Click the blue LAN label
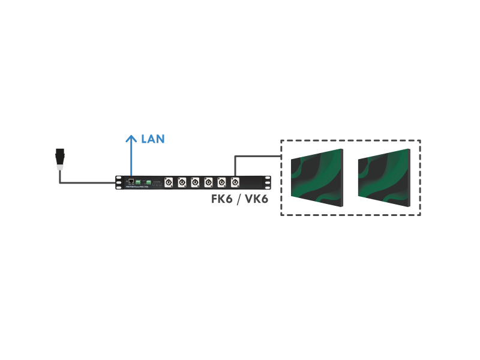(x=152, y=139)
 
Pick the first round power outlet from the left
(x=168, y=182)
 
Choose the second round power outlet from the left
(x=181, y=182)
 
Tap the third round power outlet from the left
(x=195, y=182)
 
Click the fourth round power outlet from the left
(x=208, y=182)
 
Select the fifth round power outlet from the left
(x=221, y=182)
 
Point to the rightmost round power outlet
(x=235, y=182)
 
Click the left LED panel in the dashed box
(x=317, y=178)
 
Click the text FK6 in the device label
(x=221, y=199)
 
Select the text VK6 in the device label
(x=254, y=199)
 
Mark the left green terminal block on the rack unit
(x=139, y=181)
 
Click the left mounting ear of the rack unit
(x=118, y=182)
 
